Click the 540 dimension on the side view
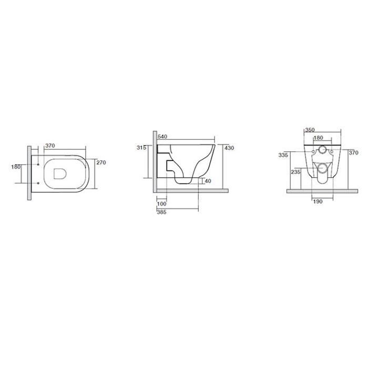(x=162, y=137)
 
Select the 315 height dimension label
(x=141, y=148)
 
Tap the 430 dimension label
(x=229, y=148)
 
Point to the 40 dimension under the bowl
(x=208, y=181)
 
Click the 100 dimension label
(x=162, y=204)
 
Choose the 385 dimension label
(x=162, y=212)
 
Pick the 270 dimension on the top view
(x=101, y=162)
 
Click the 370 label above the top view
(x=50, y=146)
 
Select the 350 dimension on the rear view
(x=310, y=130)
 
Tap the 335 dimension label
(x=283, y=155)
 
